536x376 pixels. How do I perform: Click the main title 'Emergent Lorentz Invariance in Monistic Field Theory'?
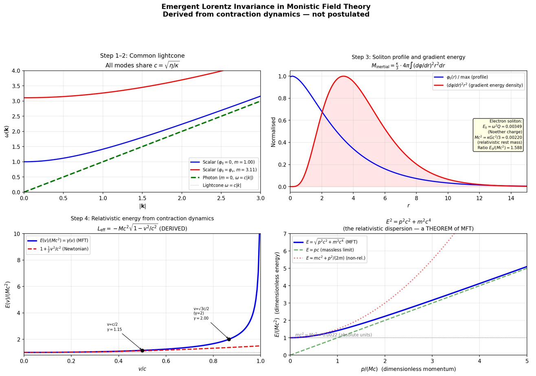266,7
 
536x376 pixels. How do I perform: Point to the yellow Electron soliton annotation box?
498,135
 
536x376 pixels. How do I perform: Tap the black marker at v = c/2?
142,350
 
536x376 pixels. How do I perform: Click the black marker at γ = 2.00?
229,339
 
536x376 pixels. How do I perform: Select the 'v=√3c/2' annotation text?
201,309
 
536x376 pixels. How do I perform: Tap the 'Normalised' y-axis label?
274,132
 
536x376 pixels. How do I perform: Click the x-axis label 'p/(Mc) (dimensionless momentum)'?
408,369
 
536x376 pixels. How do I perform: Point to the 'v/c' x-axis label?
142,369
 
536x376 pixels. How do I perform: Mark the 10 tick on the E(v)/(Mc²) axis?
17,234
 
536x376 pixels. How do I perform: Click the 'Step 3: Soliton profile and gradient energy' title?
408,57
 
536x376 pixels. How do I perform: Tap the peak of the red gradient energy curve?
343,76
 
